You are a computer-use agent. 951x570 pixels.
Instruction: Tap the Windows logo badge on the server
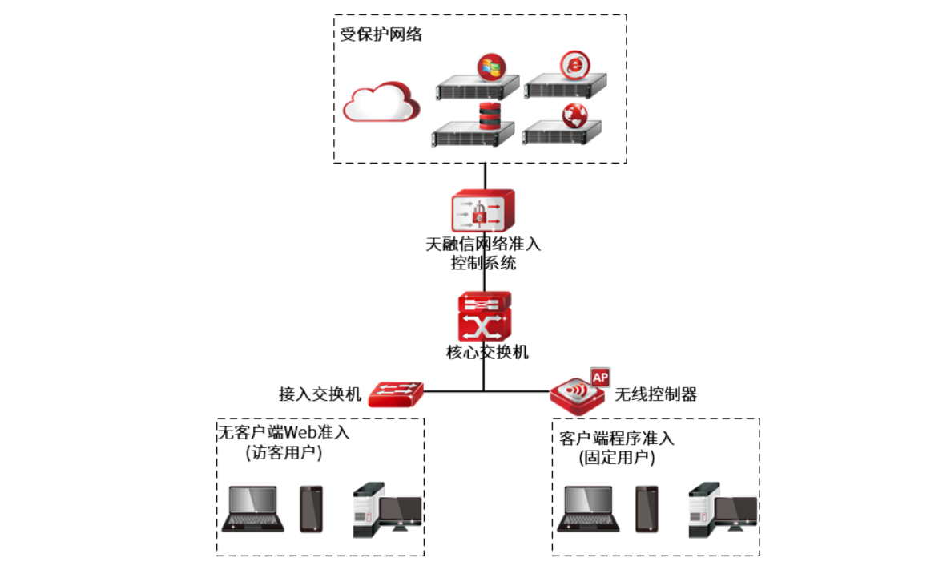point(490,67)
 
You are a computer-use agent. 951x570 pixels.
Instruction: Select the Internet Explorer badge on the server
point(574,65)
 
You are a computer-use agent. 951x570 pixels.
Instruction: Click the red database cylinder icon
point(489,117)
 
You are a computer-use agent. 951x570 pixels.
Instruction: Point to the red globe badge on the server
point(574,114)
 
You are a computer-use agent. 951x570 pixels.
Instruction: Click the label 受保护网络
point(381,35)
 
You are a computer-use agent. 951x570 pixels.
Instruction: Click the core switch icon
point(484,317)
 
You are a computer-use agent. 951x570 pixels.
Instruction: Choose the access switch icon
point(397,393)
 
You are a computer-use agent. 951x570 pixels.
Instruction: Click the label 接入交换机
point(320,394)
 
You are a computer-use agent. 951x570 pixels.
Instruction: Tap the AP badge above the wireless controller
point(599,375)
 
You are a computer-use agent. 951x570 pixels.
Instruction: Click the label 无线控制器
point(655,394)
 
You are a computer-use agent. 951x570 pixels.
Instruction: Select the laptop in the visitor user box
point(252,509)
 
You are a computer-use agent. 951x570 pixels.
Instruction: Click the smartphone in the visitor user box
point(311,509)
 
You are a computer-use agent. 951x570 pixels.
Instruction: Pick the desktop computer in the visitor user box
point(386,510)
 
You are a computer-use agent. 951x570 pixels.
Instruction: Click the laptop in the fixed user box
point(589,509)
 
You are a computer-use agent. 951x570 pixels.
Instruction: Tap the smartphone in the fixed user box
point(647,509)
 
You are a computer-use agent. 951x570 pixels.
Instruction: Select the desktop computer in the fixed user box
point(722,510)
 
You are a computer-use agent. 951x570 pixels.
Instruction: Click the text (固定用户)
point(616,459)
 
